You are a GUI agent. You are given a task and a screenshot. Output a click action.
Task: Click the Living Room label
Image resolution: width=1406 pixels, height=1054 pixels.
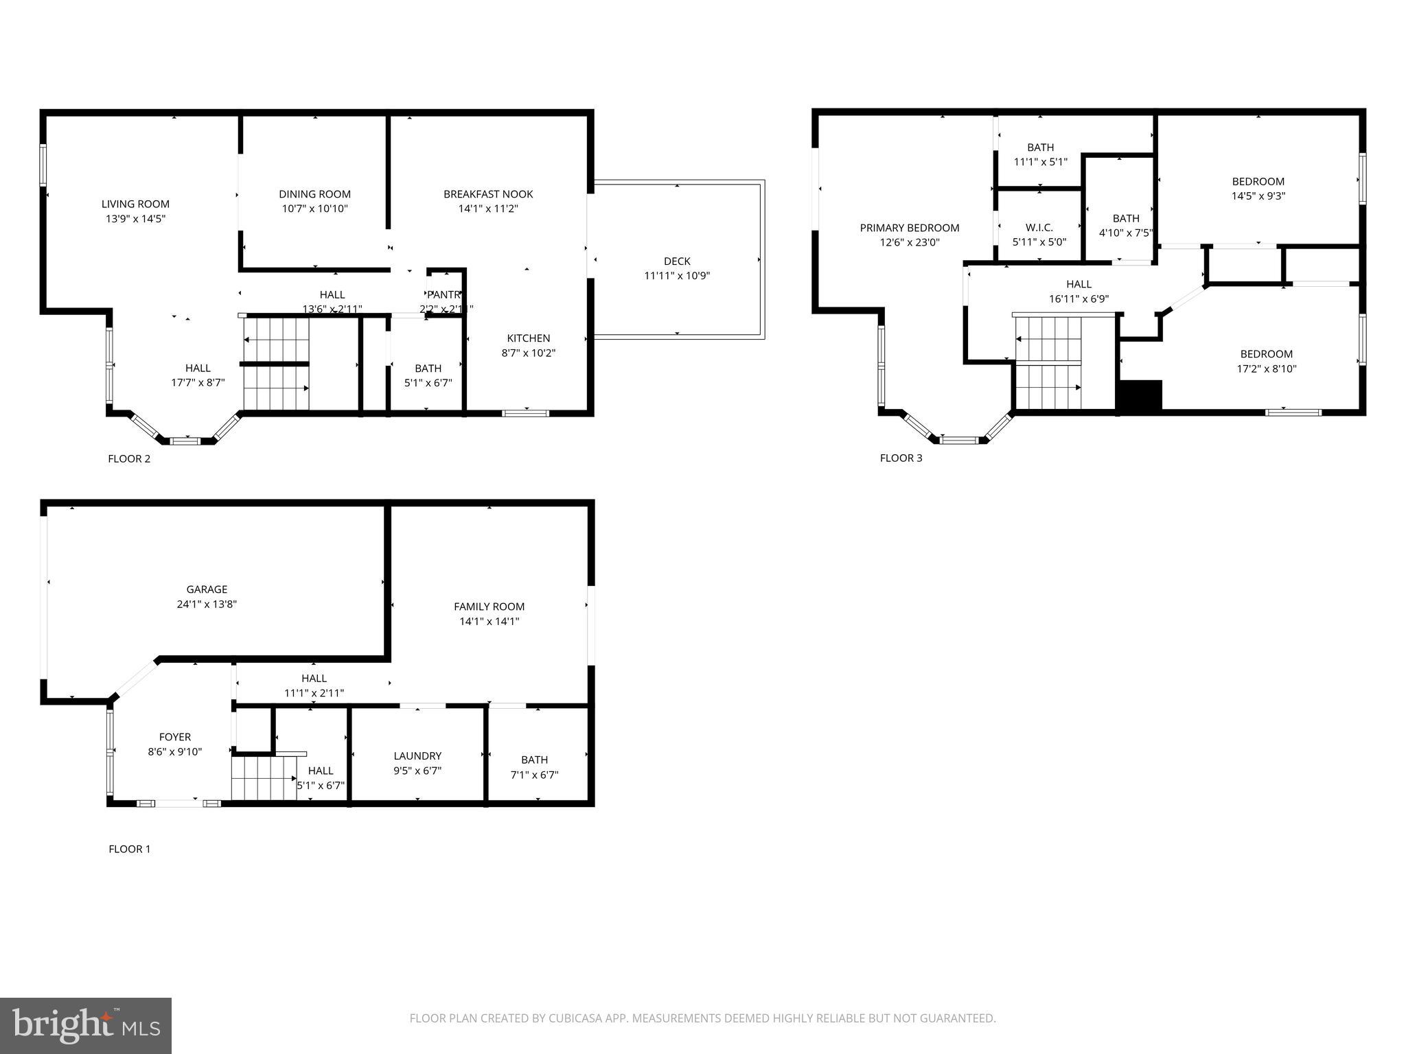[135, 204]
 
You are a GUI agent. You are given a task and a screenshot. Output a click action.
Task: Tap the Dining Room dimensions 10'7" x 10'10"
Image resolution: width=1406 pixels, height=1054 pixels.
[314, 209]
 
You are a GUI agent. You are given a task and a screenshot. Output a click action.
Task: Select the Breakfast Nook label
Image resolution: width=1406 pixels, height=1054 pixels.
[487, 194]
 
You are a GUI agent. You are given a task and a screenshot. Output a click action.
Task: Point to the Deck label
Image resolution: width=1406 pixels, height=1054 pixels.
[676, 261]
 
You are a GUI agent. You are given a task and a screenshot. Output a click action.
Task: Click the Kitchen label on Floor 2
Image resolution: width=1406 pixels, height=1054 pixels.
[528, 338]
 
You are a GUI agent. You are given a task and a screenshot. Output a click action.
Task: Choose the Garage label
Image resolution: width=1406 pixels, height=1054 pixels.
[207, 589]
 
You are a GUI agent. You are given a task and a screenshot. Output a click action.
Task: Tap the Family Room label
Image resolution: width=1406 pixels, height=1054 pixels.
[489, 606]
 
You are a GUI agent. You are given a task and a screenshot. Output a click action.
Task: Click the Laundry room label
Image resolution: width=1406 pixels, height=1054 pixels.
[417, 756]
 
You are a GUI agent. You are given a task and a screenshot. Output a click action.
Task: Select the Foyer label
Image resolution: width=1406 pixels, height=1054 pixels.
[174, 737]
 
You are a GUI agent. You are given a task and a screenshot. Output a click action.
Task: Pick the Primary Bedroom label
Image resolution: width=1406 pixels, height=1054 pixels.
[909, 228]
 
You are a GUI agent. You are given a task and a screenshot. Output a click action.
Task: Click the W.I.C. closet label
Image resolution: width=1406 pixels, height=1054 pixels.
[1039, 227]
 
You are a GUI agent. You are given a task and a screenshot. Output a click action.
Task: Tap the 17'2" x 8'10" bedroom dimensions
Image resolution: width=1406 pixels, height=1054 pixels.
[1266, 368]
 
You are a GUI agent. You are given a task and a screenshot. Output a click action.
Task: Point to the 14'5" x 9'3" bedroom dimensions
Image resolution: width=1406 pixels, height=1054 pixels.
[1258, 196]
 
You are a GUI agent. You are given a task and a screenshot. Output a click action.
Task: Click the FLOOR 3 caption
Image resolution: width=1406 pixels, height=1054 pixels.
[901, 458]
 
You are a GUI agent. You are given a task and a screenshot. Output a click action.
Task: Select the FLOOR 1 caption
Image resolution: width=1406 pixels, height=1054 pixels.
[129, 849]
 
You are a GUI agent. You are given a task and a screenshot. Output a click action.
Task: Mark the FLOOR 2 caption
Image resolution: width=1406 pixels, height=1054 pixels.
[129, 458]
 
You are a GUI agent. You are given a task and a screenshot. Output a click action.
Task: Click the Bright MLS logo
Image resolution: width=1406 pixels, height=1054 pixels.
[86, 1025]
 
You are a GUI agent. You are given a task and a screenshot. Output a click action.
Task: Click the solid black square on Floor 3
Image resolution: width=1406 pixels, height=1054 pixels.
[1140, 395]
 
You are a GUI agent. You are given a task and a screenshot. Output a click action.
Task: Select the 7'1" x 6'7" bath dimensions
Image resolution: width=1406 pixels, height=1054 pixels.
[534, 775]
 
